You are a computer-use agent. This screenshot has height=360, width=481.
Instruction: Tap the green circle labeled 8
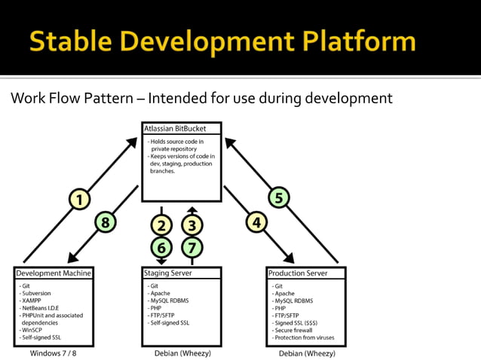[x=106, y=222]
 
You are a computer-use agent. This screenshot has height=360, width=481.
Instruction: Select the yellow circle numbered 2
[x=161, y=224]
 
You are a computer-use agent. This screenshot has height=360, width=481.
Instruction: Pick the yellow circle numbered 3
[x=192, y=224]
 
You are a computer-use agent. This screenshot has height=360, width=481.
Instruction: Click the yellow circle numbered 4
[x=257, y=222]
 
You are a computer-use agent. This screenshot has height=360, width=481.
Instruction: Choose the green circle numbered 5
[x=279, y=199]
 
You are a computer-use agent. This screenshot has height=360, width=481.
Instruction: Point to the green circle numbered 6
[x=161, y=247]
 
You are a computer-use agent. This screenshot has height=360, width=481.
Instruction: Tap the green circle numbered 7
[x=192, y=247]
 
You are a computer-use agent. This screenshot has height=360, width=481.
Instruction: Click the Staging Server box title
[x=167, y=273]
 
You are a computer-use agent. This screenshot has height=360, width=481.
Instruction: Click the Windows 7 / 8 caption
[x=54, y=352]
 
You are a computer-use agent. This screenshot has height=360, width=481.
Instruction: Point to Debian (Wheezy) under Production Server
[x=307, y=352]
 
